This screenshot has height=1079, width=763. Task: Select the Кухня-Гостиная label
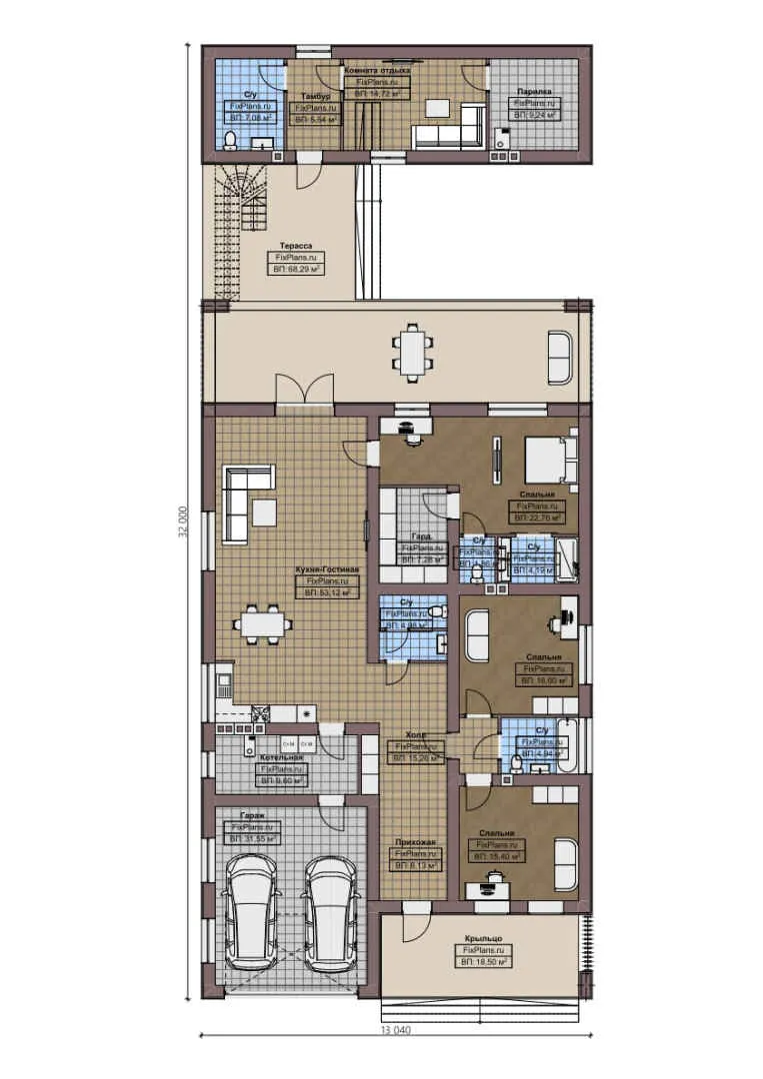326,569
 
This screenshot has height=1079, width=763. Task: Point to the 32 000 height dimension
183,521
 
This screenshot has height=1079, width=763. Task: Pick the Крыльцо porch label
483,938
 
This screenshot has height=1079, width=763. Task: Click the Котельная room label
282,758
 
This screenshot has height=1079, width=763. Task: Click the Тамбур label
315,96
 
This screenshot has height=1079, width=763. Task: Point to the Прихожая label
415,842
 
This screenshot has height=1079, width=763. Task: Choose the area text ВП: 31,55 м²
254,839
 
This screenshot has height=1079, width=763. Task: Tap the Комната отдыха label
377,71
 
